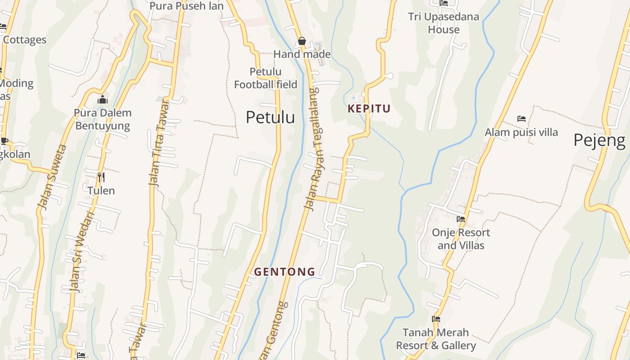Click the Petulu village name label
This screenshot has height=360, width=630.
270,117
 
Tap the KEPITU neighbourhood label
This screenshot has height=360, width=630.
369,108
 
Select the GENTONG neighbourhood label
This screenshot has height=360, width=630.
284,272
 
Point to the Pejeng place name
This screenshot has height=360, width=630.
599,140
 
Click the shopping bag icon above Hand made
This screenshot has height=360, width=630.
302,41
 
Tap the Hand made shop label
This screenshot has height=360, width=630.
302,54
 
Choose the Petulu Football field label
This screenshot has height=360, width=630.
265,78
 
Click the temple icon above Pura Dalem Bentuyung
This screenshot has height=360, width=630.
103,99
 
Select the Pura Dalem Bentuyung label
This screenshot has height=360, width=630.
103,119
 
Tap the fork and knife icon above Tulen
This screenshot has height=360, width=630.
101,177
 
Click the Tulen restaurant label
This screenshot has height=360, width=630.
101,191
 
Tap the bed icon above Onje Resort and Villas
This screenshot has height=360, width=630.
461,219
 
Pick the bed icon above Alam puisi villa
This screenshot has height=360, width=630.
522,119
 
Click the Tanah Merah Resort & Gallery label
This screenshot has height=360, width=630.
436,339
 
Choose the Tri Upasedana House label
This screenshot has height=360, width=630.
444,23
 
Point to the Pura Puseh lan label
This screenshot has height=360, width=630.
186,6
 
